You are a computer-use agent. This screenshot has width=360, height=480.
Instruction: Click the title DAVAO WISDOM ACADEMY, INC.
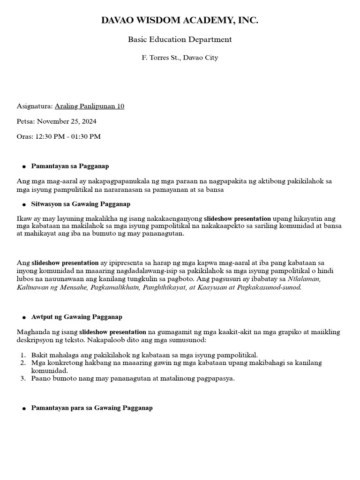(x=180, y=21)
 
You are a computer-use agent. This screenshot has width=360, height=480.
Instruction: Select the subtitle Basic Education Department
(x=180, y=39)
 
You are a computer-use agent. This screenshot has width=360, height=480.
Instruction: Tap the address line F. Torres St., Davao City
(x=180, y=58)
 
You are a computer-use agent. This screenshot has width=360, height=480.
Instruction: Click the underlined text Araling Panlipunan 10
(x=90, y=106)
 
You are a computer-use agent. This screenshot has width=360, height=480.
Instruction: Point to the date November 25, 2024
(x=67, y=121)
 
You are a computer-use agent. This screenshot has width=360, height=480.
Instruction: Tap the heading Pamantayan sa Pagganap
(x=70, y=166)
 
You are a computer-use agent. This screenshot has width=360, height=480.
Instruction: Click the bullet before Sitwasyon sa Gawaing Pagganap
(x=23, y=205)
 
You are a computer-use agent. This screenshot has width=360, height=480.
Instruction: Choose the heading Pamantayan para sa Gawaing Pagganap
(x=92, y=408)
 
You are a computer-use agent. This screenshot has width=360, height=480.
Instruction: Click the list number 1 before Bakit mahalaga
(x=22, y=355)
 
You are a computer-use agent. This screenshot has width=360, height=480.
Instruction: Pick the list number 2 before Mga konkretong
(x=22, y=363)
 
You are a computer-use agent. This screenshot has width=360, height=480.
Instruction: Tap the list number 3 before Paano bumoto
(x=22, y=378)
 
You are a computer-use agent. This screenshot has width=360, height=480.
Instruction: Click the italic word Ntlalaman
(x=305, y=278)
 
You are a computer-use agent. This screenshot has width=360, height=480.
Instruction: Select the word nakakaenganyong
(x=174, y=218)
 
